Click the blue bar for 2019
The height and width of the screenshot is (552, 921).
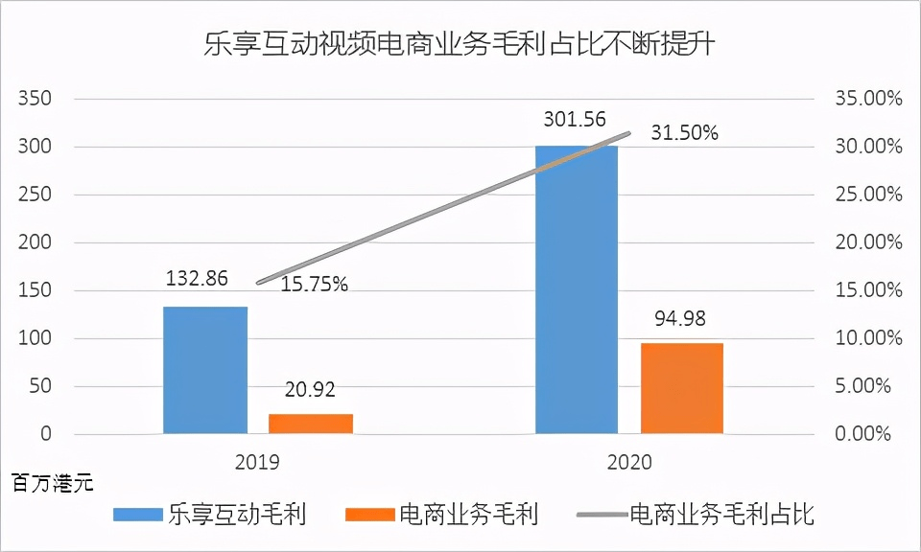pyautogui.click(x=205, y=370)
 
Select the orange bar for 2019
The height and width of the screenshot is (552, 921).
pyautogui.click(x=311, y=425)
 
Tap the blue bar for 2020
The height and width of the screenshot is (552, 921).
pyautogui.click(x=577, y=289)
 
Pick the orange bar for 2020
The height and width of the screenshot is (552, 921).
pyautogui.click(x=682, y=388)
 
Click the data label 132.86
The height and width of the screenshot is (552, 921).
pyautogui.click(x=197, y=278)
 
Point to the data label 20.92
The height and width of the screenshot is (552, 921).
pyautogui.click(x=310, y=389)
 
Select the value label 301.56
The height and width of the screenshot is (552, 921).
pyautogui.click(x=575, y=119)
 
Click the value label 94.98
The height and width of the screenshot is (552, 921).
pyautogui.click(x=680, y=318)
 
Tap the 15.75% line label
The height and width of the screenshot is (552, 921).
pyautogui.click(x=315, y=284)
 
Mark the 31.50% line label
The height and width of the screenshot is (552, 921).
pyautogui.click(x=685, y=133)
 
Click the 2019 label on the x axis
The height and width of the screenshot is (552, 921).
pyautogui.click(x=257, y=462)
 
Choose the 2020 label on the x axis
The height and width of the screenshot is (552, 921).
pyautogui.click(x=629, y=462)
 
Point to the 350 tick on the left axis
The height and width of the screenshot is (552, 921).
pyautogui.click(x=35, y=98)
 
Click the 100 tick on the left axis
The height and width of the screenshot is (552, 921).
pyautogui.click(x=35, y=338)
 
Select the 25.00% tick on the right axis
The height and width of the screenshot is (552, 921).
pyautogui.click(x=869, y=195)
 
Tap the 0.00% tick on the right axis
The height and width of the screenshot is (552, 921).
pyautogui.click(x=862, y=434)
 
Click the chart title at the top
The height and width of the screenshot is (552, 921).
pyautogui.click(x=460, y=44)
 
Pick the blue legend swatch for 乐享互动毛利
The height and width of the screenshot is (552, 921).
pyautogui.click(x=138, y=515)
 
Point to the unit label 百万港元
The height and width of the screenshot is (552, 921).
pyautogui.click(x=53, y=484)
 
